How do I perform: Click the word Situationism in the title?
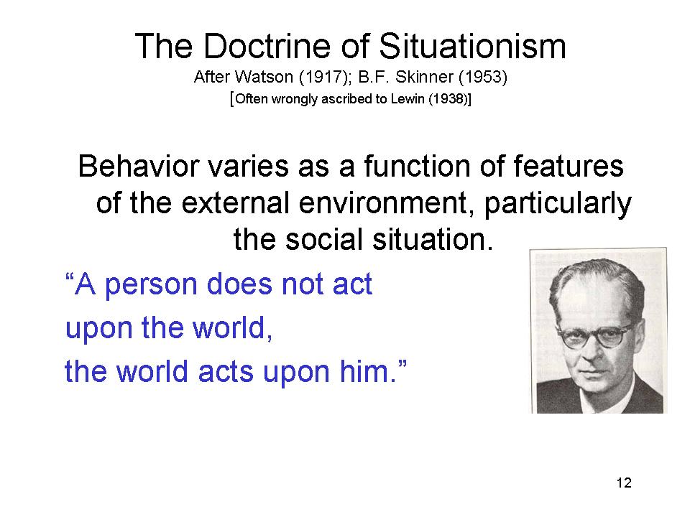pyautogui.click(x=472, y=46)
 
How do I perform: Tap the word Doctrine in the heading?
pyautogui.click(x=267, y=46)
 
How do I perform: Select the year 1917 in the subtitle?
pyautogui.click(x=323, y=78)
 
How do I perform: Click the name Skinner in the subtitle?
pyautogui.click(x=424, y=77)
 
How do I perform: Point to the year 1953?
pyautogui.click(x=483, y=78)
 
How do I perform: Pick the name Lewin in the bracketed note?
pyautogui.click(x=407, y=98)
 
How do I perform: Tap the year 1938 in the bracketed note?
pyautogui.click(x=448, y=99)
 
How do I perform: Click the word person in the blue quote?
pyautogui.click(x=151, y=286)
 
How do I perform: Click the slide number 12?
pyautogui.click(x=624, y=483)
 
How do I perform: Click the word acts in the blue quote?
pyautogui.click(x=225, y=372)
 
